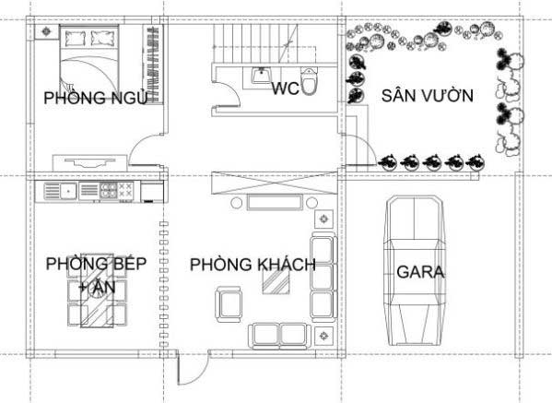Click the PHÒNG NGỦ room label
96,97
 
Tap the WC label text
285,88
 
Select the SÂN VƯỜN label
428,96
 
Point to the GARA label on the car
420,272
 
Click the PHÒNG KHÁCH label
253,264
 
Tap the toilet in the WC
309,81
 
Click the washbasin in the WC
261,75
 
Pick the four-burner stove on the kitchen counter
109,190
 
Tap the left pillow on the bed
76,39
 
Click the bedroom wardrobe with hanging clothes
152,64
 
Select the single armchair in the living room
229,304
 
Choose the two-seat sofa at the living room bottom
280,336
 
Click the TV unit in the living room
275,203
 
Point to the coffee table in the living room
276,282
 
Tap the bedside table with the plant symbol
46,31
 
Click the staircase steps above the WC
256,43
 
